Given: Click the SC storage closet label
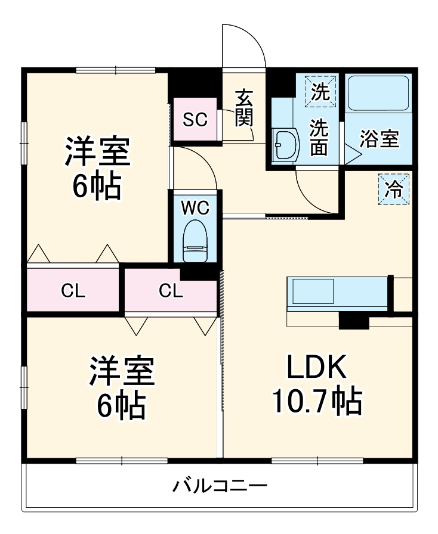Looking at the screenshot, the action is pyautogui.click(x=195, y=119).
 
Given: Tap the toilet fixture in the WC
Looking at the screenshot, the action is pyautogui.click(x=196, y=241).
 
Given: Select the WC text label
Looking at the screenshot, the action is pyautogui.click(x=195, y=208).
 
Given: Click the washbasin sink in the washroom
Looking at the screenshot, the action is pyautogui.click(x=286, y=144).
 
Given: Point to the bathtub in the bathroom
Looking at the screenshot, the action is pyautogui.click(x=379, y=93).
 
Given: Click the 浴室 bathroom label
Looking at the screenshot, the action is pyautogui.click(x=380, y=139).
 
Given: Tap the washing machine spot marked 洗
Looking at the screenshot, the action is pyautogui.click(x=320, y=92).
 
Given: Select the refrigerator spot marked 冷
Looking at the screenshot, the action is pyautogui.click(x=393, y=190).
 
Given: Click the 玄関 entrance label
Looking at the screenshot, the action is pyautogui.click(x=244, y=108).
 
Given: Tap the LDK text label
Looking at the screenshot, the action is pyautogui.click(x=317, y=367).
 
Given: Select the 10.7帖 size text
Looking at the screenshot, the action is pyautogui.click(x=317, y=401).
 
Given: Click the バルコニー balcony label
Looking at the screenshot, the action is pyautogui.click(x=220, y=486).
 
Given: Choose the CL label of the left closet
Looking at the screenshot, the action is pyautogui.click(x=73, y=291).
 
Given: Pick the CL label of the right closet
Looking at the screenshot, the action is pyautogui.click(x=171, y=291).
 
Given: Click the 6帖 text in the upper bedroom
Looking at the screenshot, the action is pyautogui.click(x=97, y=187).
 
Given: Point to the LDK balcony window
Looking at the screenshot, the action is pyautogui.click(x=317, y=461).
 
